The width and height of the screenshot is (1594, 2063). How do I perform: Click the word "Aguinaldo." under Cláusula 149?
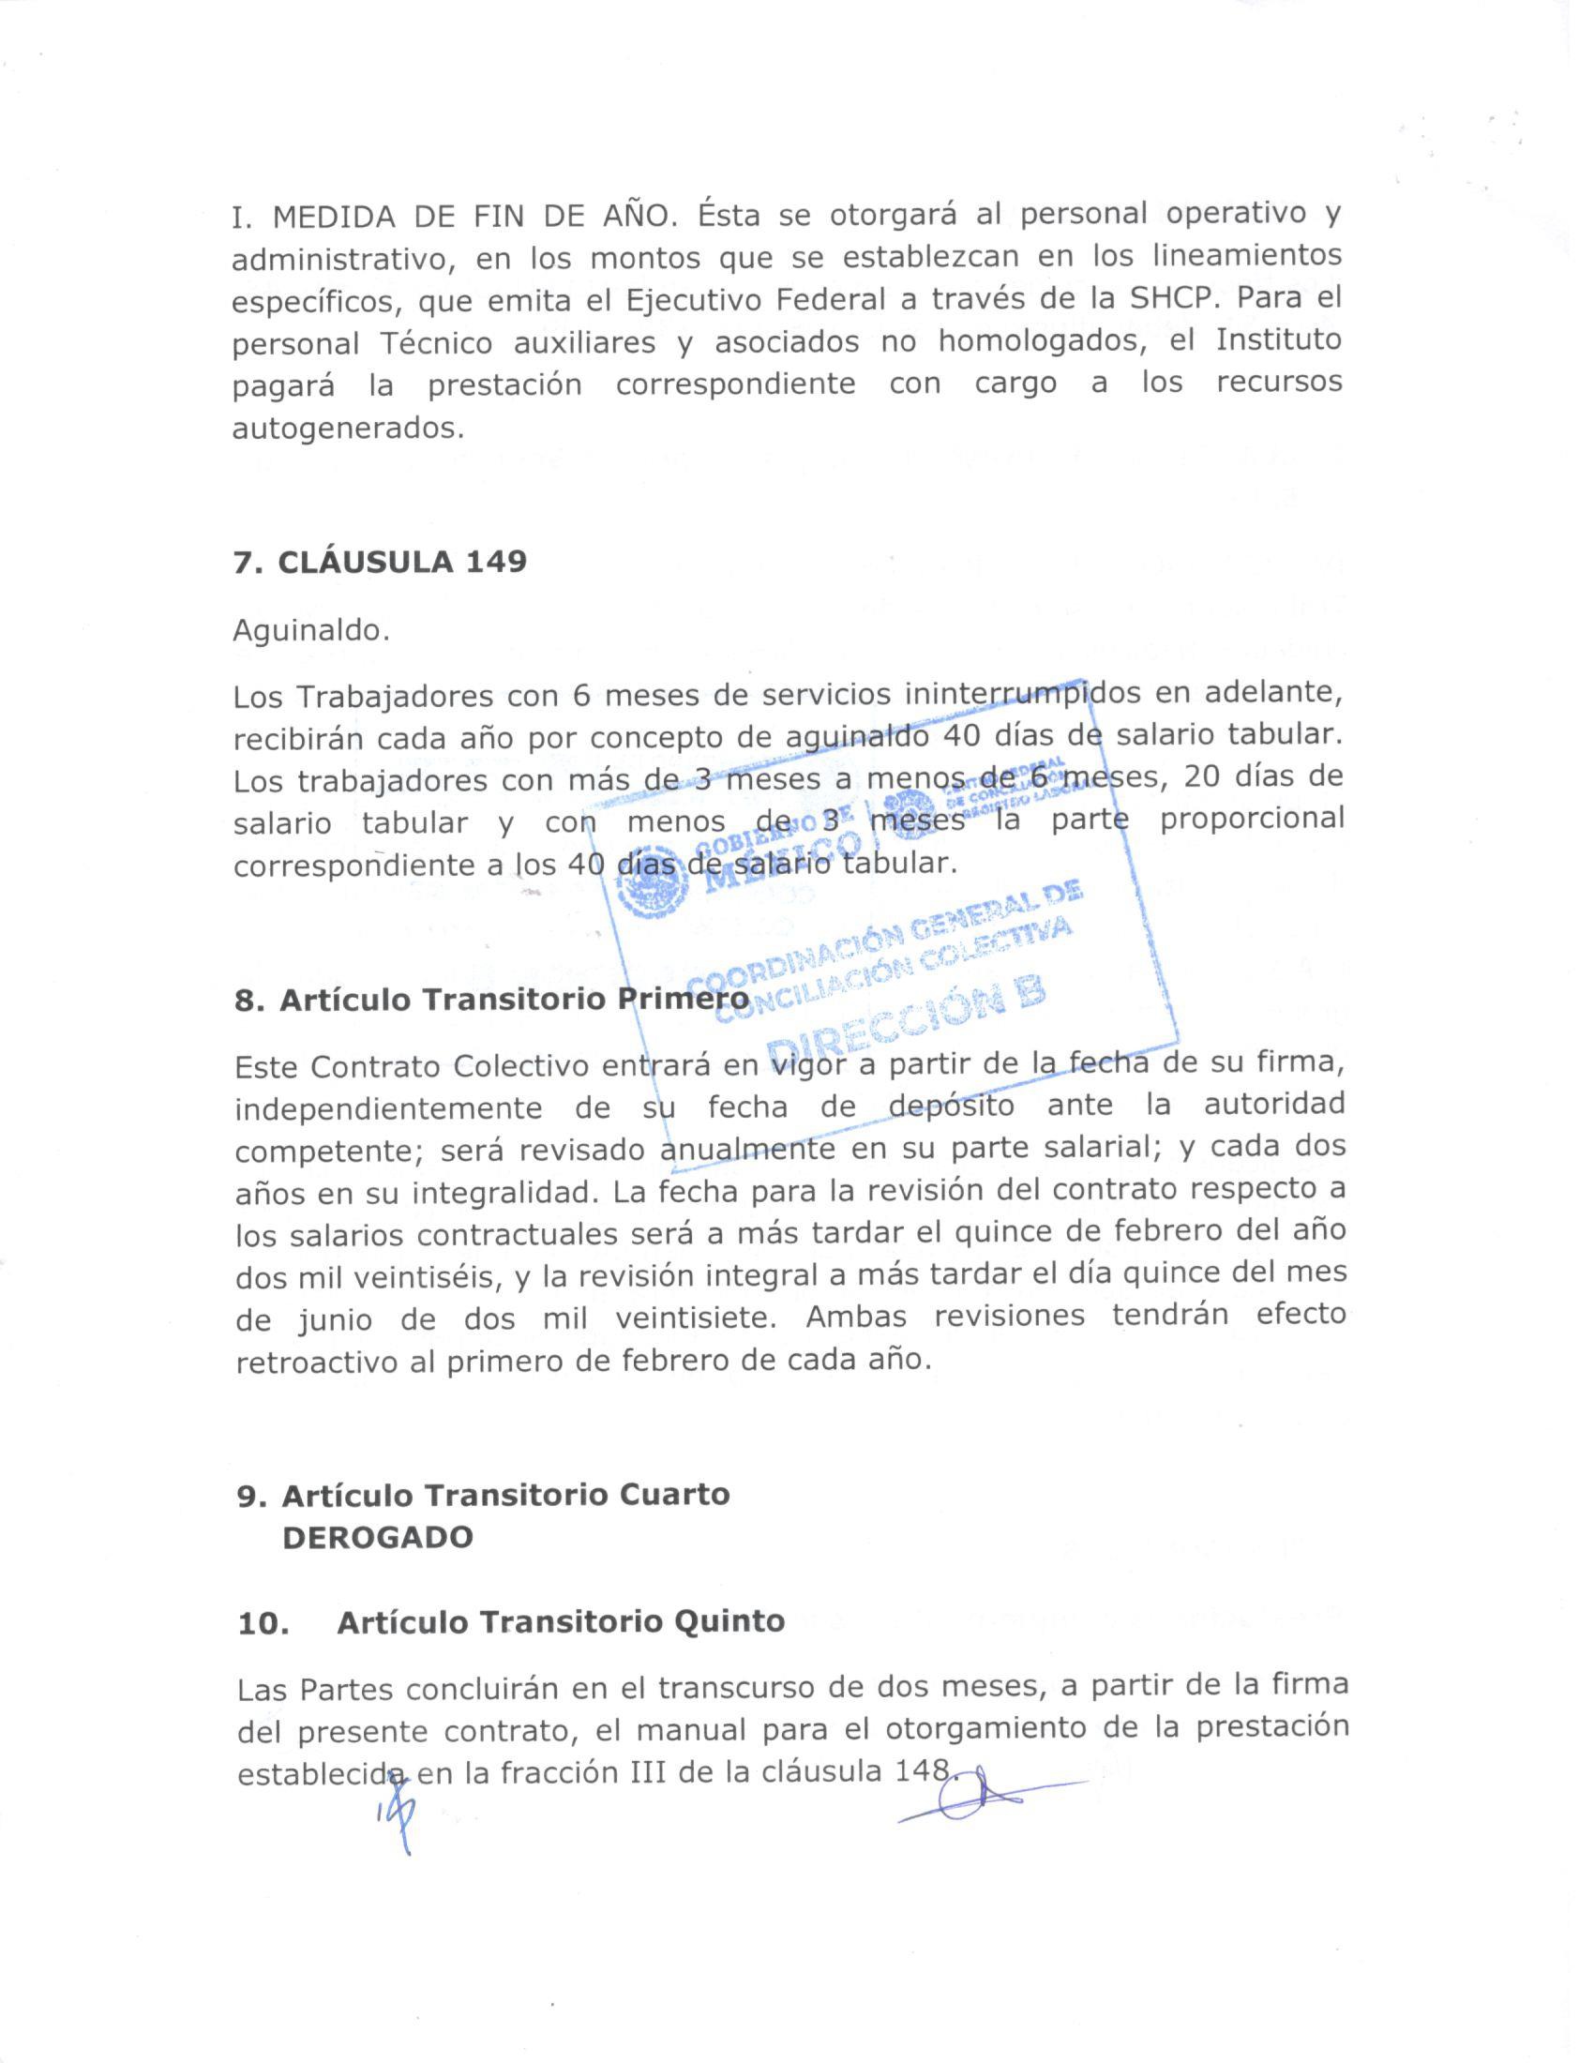coord(310,630)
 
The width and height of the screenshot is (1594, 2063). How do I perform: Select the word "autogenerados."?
coord(349,429)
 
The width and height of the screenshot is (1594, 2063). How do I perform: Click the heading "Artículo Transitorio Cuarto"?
coord(505,1496)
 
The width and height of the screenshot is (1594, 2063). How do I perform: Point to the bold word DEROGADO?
coord(378,1538)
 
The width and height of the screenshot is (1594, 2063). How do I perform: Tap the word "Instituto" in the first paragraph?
coord(1279,340)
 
